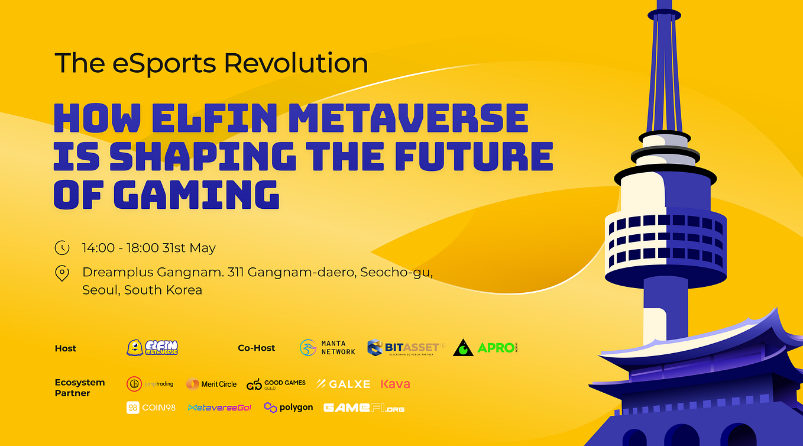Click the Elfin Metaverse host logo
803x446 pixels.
tap(152, 348)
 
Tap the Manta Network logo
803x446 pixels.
tap(328, 348)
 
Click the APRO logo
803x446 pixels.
tap(485, 348)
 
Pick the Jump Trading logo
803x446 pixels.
tap(150, 384)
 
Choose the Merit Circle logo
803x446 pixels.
tap(211, 384)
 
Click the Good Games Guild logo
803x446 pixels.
tap(276, 384)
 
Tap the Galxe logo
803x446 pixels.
tap(343, 384)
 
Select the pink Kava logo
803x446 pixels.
tap(396, 384)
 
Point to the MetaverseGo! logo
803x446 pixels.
tap(219, 408)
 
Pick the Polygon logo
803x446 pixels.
tap(289, 408)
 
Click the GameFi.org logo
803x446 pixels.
tap(364, 408)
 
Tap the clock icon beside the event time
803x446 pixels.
tap(62, 248)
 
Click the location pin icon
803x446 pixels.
tap(62, 273)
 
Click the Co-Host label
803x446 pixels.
tap(257, 348)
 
